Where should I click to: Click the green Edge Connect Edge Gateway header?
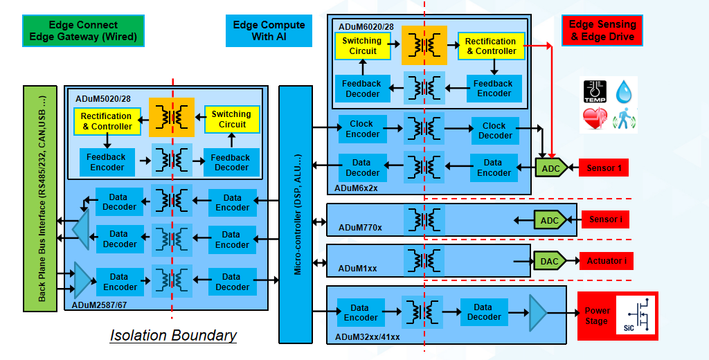[83, 31]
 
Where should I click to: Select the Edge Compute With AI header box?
[269, 30]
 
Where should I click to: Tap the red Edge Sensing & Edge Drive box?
[602, 30]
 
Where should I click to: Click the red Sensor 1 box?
[604, 168]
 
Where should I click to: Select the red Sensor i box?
[605, 220]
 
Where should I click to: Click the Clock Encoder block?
[361, 129]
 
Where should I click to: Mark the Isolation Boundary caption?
[173, 336]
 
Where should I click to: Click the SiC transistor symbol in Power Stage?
[634, 316]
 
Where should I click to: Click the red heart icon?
[594, 120]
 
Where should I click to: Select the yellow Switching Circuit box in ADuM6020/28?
[361, 46]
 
